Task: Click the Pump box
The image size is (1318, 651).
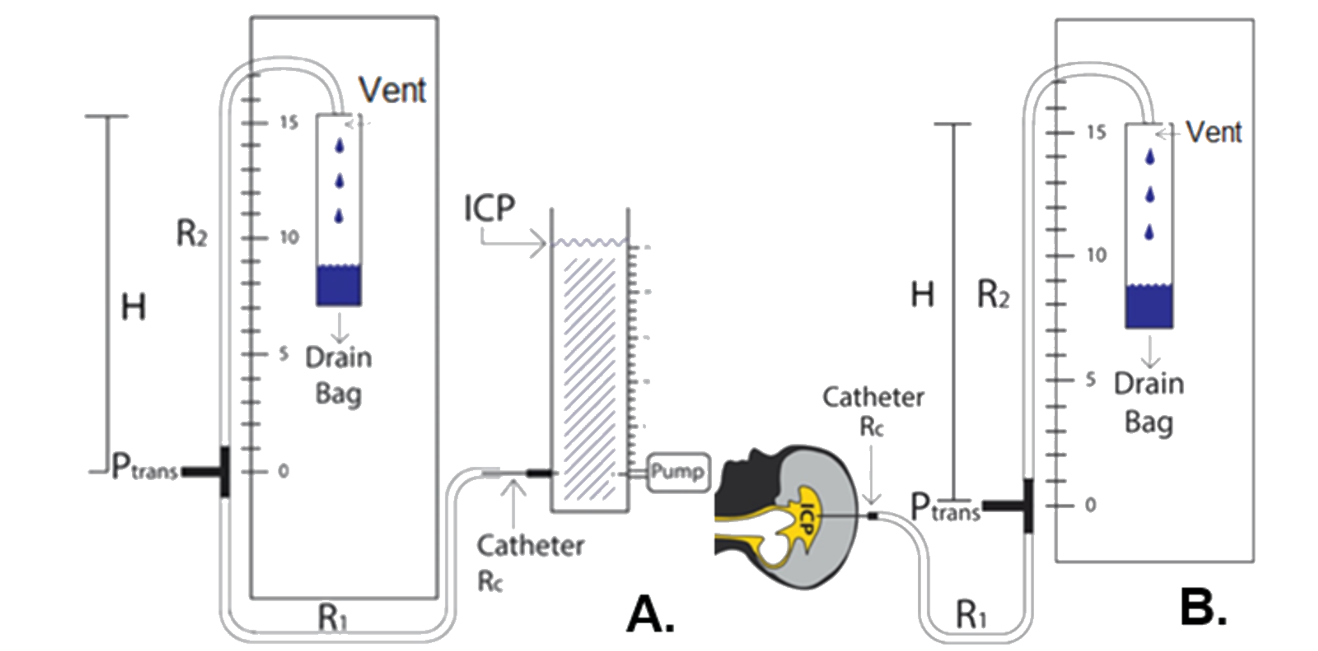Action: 678,472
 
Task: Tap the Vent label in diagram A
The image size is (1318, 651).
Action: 392,90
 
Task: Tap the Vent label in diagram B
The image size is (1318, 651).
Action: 1213,133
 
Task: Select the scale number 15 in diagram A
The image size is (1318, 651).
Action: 289,123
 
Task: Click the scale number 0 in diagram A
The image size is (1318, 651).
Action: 283,471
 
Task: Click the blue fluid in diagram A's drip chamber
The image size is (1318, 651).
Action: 339,285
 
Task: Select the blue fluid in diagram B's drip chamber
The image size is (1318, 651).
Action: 1149,306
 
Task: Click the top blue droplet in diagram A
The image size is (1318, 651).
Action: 339,146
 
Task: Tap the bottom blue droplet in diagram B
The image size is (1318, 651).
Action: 1149,232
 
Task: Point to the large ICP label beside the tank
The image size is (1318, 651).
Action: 489,208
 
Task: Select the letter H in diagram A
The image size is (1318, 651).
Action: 133,307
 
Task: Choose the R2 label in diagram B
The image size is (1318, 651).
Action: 993,295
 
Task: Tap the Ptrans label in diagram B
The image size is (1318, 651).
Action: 945,508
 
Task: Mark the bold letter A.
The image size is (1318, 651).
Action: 650,614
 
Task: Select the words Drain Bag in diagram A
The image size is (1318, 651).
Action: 338,376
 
